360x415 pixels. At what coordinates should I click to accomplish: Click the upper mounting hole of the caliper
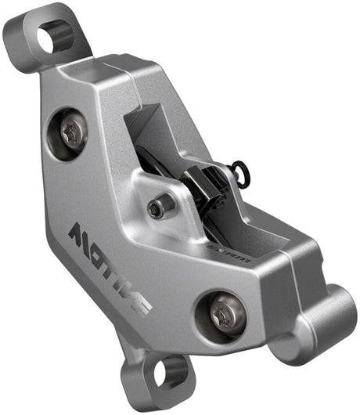(x=55, y=37)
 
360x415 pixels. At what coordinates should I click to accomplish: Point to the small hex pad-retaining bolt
(x=161, y=207)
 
